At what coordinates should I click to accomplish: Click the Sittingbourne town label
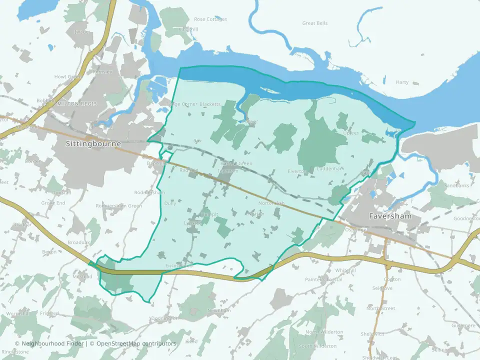pos(93,143)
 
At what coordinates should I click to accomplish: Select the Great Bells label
pos(315,23)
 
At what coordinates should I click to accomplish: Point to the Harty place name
pos(402,82)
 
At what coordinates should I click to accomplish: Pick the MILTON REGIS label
pos(76,103)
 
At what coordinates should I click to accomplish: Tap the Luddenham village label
pos(330,169)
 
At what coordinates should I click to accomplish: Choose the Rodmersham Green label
pos(118,205)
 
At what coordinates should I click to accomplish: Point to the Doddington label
pos(164,318)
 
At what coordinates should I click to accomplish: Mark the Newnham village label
pos(219,310)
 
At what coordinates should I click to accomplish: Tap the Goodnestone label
pos(466,218)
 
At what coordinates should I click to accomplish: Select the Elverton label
pos(298,171)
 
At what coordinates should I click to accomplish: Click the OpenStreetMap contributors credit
pos(136,343)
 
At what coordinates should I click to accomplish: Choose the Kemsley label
pos(103,71)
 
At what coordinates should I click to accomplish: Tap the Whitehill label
pos(345,270)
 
